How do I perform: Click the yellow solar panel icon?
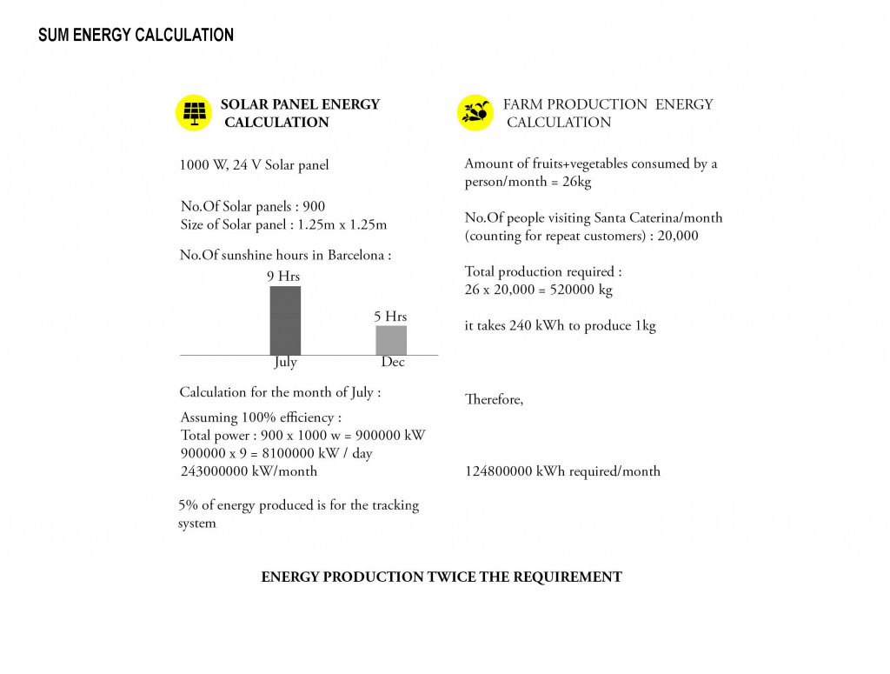[x=194, y=113]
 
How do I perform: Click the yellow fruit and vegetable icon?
[x=475, y=113]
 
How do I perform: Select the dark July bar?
[x=285, y=319]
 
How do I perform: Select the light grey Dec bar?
[x=391, y=339]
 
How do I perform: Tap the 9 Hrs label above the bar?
[x=283, y=277]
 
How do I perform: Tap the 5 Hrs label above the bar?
[x=390, y=317]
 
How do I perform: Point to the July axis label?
[x=285, y=363]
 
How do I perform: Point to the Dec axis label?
[x=393, y=363]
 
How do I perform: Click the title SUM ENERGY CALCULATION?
[x=136, y=36]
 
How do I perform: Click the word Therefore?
[x=494, y=400]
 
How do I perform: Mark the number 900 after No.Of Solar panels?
[x=314, y=206]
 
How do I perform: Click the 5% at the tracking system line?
[x=189, y=505]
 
